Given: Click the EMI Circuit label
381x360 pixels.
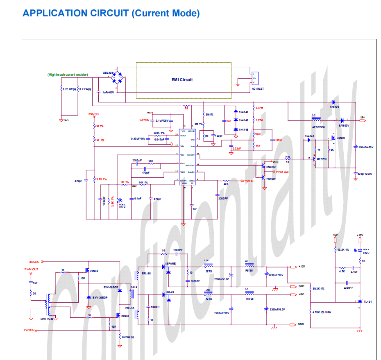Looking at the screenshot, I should click(x=182, y=80).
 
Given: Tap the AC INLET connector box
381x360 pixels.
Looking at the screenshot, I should click(x=254, y=78).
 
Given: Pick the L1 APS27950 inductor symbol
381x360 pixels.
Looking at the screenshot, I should click(x=316, y=120).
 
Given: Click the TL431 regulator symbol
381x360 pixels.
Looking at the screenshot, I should click(x=359, y=301).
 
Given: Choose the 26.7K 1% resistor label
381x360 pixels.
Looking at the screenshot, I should click(x=101, y=179).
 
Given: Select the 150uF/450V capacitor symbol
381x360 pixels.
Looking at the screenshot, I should click(x=355, y=147).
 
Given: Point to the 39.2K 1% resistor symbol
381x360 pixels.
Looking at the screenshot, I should click(x=311, y=288).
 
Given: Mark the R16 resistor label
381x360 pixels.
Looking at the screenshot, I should click(x=288, y=157).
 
